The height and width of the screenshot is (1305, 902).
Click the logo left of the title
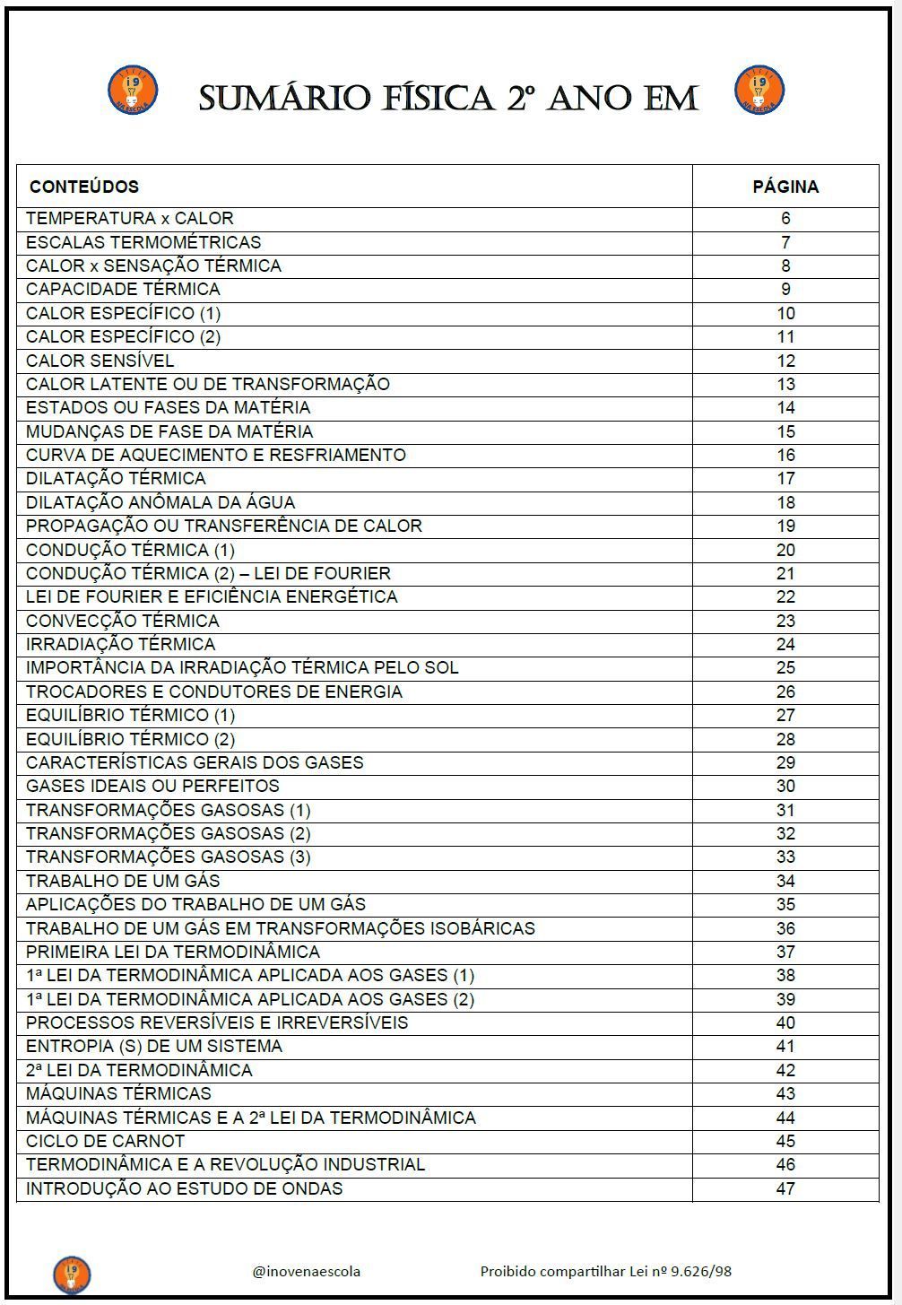tap(133, 90)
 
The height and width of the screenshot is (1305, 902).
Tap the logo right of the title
tap(759, 90)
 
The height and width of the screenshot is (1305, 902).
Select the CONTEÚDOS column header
tap(84, 187)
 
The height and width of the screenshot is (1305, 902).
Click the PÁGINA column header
tap(785, 187)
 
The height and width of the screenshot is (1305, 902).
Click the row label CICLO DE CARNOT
tap(106, 1141)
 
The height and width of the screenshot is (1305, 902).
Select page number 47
tap(785, 1188)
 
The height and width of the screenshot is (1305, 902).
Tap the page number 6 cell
tap(785, 218)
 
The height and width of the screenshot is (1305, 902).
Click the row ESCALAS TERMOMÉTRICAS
tap(143, 242)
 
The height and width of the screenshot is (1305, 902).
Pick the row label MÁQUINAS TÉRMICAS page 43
tap(118, 1093)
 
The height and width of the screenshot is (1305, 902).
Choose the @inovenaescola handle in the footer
tap(307, 1271)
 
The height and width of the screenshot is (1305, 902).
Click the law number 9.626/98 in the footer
tap(701, 1271)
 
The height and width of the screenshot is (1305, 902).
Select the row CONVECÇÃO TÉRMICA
tap(122, 621)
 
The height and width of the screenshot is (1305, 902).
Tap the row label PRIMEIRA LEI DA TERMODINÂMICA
tap(173, 952)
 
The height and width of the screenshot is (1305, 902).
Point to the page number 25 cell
tap(785, 667)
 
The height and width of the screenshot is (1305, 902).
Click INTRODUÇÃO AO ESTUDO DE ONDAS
tap(184, 1188)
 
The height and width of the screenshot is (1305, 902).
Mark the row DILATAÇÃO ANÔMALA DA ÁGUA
tap(160, 502)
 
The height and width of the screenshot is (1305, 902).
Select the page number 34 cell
tap(785, 881)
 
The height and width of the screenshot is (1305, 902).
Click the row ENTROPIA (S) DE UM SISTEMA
tap(154, 1046)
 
